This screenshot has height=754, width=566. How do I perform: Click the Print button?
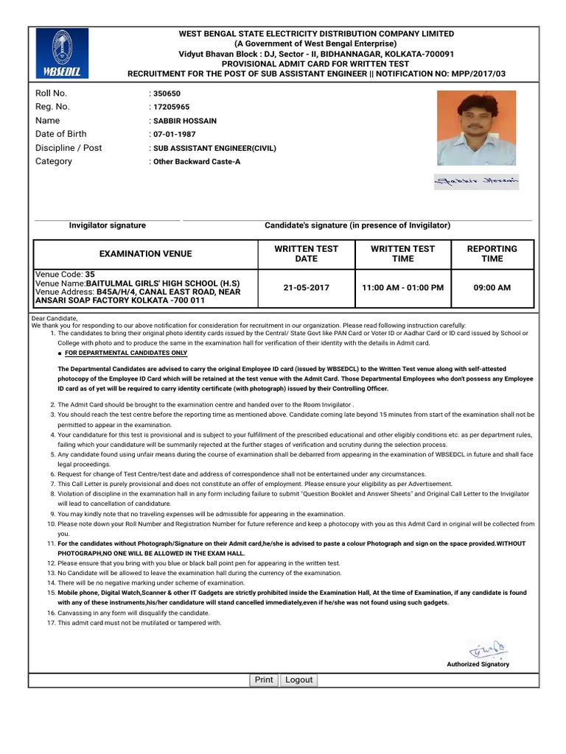264,680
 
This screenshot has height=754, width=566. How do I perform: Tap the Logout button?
299,680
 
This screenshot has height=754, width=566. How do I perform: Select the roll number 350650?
167,94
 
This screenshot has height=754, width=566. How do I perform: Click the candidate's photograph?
476,128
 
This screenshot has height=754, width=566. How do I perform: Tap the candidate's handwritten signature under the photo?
476,180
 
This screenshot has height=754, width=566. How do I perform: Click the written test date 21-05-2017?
306,287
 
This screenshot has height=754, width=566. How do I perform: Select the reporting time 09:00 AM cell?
492,287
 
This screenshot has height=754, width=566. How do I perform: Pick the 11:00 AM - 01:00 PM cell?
402,287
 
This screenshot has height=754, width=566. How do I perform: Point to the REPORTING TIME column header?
492,254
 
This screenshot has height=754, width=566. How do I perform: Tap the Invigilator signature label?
107,225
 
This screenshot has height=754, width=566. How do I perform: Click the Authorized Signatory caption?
478,664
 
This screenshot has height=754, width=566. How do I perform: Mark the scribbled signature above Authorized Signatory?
486,649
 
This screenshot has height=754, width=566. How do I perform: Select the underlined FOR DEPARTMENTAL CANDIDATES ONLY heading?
126,353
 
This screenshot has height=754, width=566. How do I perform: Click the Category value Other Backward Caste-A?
196,161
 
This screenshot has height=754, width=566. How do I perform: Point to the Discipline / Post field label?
69,148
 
